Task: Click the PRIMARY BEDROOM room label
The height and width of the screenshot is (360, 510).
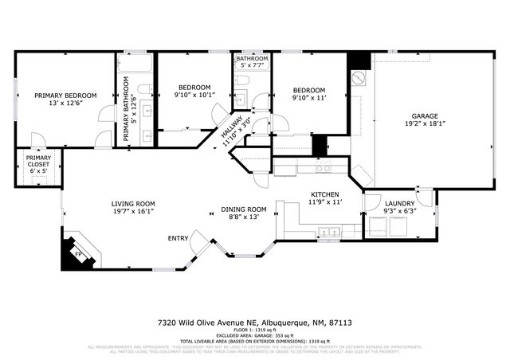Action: coord(64,96)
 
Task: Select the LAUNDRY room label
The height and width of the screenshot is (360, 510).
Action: coord(399,204)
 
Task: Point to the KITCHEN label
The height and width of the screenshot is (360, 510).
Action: coord(325,194)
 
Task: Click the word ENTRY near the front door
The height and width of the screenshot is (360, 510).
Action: coord(178,238)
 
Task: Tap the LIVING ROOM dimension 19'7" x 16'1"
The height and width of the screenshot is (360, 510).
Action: coord(132,213)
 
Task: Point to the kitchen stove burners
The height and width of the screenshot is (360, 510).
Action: coord(324,169)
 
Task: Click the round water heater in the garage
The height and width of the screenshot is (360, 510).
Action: coord(358,78)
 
